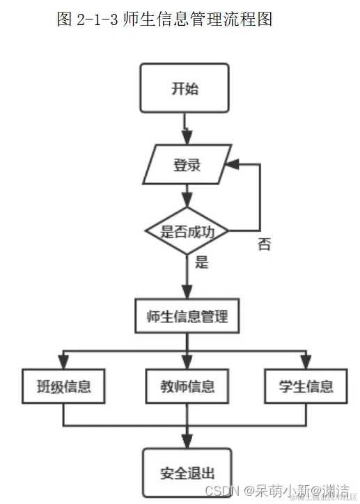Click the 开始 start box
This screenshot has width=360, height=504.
(x=185, y=88)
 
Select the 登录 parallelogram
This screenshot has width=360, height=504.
(x=186, y=165)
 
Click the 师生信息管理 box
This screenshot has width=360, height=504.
(x=187, y=316)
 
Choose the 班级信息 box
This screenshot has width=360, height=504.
(x=64, y=386)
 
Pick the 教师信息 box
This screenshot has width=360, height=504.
(x=186, y=386)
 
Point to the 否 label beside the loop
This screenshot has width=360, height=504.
(x=264, y=244)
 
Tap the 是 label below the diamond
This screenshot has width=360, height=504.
(x=202, y=264)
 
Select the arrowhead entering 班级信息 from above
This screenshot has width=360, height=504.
(x=64, y=361)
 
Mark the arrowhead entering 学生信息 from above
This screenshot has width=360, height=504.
(x=305, y=361)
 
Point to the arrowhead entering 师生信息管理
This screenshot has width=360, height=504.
(x=187, y=292)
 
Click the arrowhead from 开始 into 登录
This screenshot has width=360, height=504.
(x=187, y=139)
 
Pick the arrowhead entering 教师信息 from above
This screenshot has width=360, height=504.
(x=187, y=361)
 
